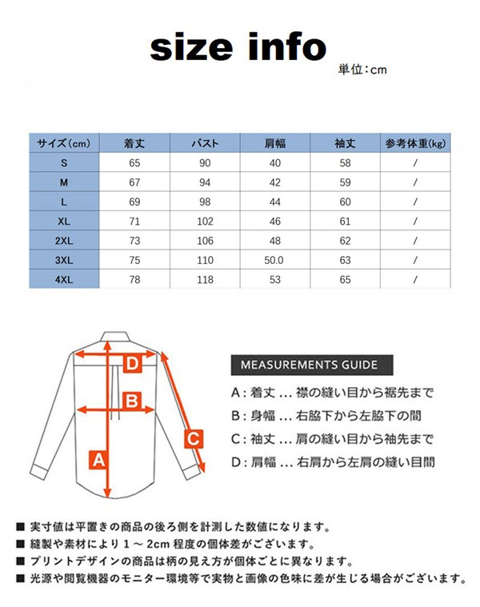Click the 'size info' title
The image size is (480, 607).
pyautogui.click(x=238, y=47)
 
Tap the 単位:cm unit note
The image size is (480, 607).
pyautogui.click(x=362, y=70)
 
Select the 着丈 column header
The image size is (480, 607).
pyautogui.click(x=134, y=144)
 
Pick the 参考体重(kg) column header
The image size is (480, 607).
pyautogui.click(x=415, y=144)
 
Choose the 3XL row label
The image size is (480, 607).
pyautogui.click(x=64, y=261)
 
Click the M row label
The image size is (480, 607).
pyautogui.click(x=64, y=182)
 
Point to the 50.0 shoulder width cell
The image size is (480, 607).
pyautogui.click(x=275, y=261)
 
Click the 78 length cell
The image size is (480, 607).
pyautogui.click(x=134, y=280)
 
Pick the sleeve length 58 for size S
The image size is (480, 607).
pyautogui.click(x=345, y=163)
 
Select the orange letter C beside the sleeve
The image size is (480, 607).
pyautogui.click(x=192, y=437)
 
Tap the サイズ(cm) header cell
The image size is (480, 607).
pyautogui.click(x=64, y=144)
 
